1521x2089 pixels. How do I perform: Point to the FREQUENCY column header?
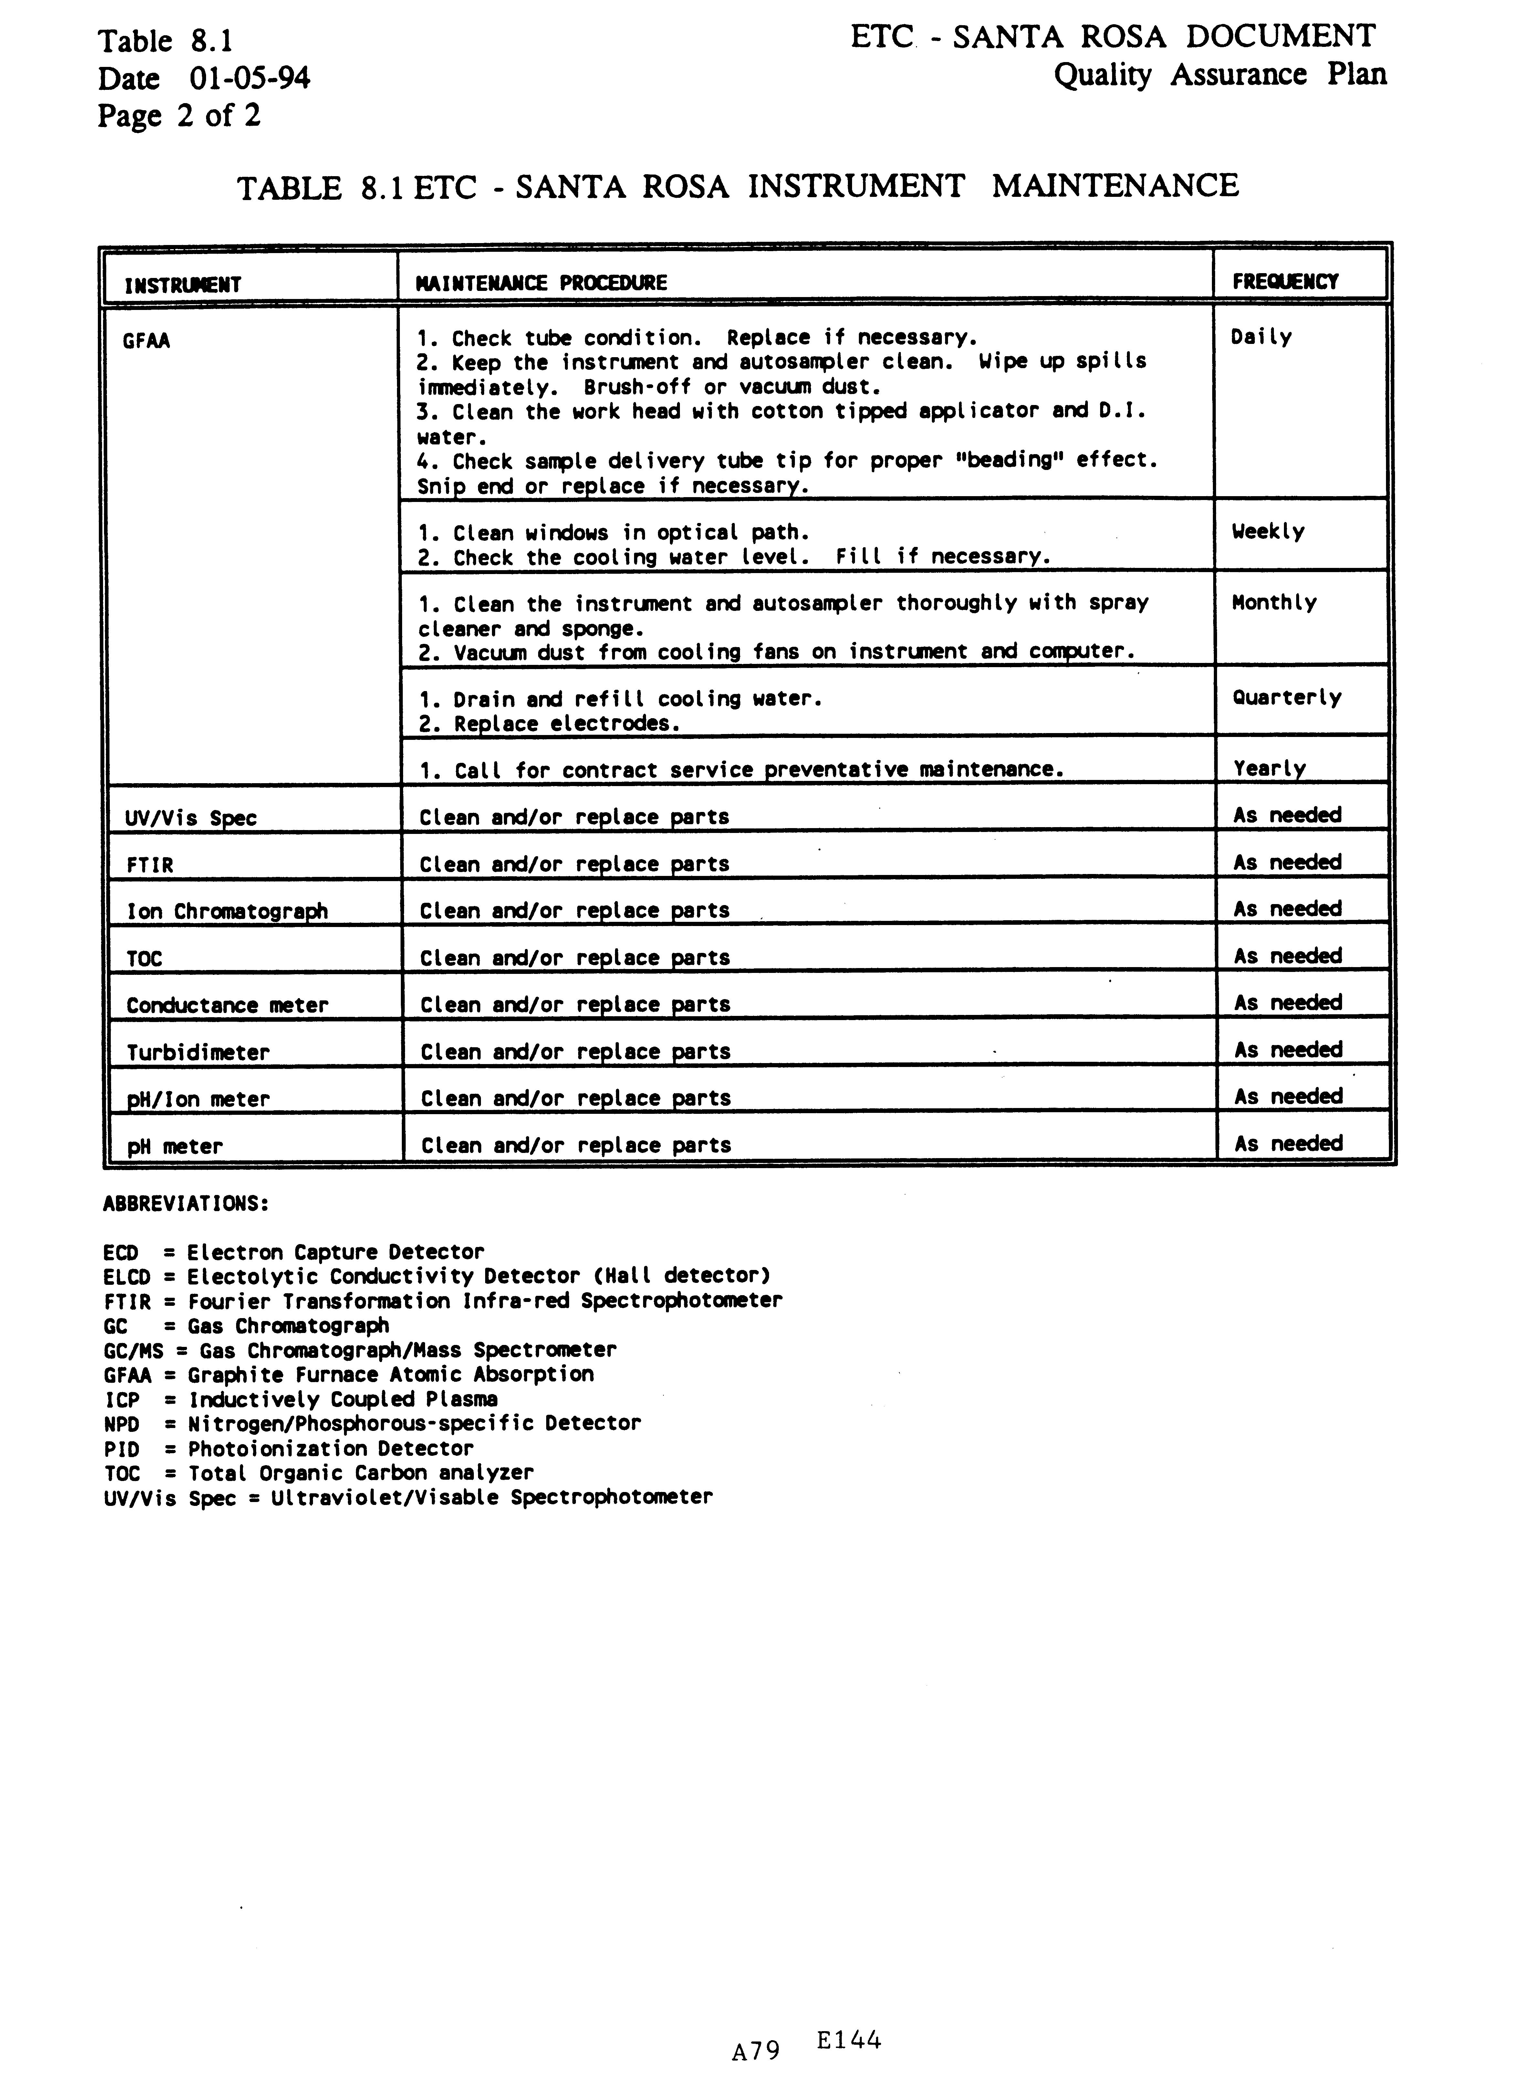(1285, 282)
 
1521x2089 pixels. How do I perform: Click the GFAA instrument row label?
(146, 342)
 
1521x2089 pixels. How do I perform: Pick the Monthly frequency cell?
(1274, 603)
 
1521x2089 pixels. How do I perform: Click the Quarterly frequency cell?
(1286, 697)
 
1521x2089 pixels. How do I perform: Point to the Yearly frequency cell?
(1269, 768)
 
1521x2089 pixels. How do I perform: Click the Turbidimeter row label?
(198, 1053)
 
